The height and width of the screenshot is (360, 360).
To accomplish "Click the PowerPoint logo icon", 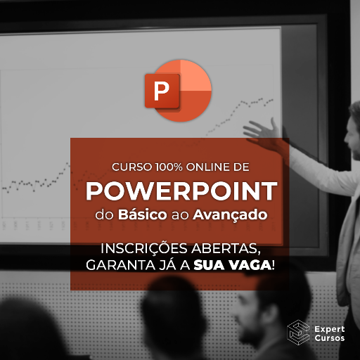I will [177, 91].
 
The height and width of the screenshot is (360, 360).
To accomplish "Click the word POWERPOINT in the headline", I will [180, 192].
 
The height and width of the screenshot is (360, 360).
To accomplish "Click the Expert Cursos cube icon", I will [297, 332].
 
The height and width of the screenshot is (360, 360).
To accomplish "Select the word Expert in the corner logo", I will [330, 326].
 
